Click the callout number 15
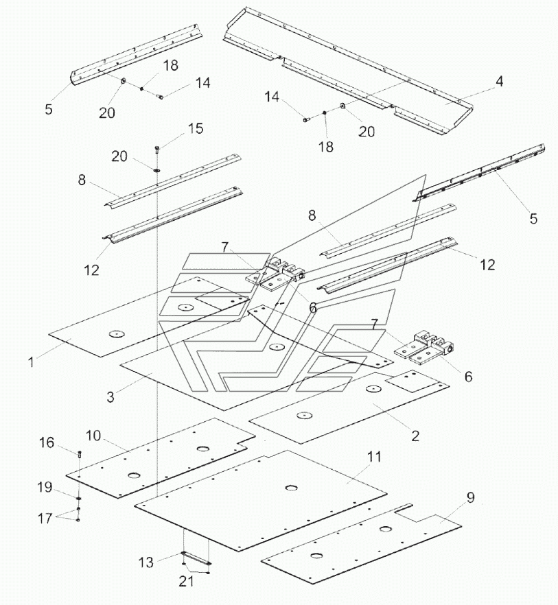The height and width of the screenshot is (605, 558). point(196,128)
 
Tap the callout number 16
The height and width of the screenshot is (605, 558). point(47,442)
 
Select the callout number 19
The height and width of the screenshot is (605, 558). point(45,487)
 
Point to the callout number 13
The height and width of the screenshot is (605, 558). point(146,562)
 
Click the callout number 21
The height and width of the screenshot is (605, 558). point(186,581)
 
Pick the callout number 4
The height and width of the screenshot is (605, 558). point(499,82)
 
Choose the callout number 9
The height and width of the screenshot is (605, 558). point(470,497)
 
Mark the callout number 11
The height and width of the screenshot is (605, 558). point(374,456)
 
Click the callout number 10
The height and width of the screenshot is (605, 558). point(93,436)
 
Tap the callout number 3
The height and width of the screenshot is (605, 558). point(111,397)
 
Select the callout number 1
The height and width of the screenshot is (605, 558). point(31,362)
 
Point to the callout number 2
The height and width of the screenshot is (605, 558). point(415,436)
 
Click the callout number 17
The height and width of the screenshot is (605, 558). point(45,518)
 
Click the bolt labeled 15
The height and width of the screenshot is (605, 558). point(157,149)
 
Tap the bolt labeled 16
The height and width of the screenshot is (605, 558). point(80,454)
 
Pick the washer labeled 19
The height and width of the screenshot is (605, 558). point(79,499)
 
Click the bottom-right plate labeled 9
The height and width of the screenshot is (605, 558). point(361,544)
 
